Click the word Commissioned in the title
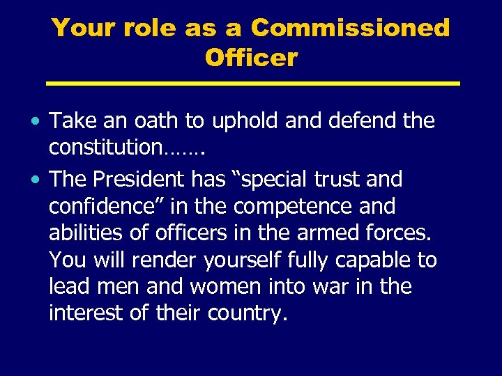(x=350, y=29)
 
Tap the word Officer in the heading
(x=251, y=58)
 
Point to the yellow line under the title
(x=252, y=84)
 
